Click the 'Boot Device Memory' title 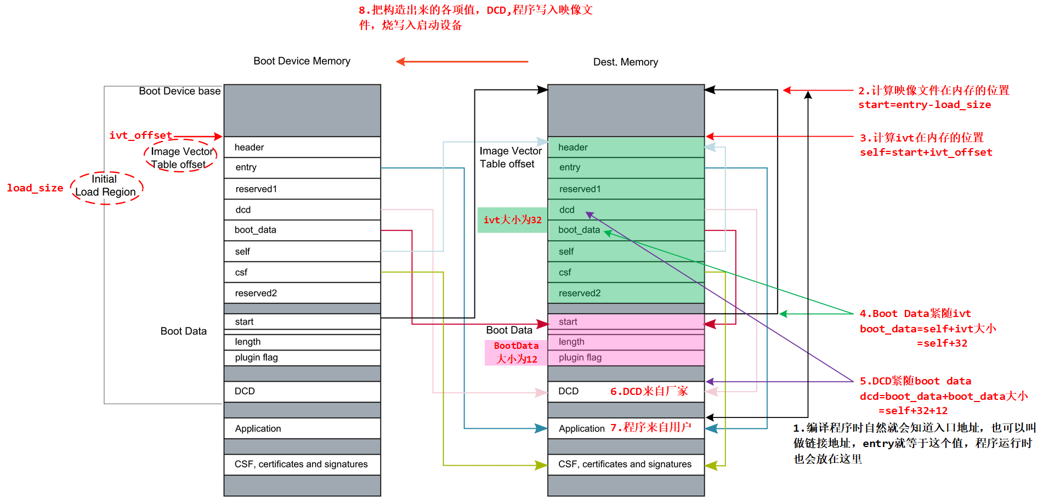click(302, 61)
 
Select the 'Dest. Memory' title click(625, 62)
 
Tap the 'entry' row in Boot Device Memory click(302, 167)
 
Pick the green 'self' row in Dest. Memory click(625, 251)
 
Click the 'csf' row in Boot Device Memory click(302, 272)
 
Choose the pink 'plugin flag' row click(625, 358)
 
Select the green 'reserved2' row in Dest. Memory click(625, 293)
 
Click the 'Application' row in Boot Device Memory click(302, 428)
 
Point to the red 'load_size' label click(35, 188)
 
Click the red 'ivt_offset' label click(140, 135)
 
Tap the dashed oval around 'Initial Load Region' click(106, 186)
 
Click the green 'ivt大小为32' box click(512, 220)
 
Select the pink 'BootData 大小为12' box click(516, 353)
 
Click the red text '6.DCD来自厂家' click(649, 391)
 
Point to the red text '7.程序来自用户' click(650, 427)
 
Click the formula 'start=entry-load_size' click(925, 105)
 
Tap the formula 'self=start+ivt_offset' click(926, 152)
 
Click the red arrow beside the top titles click(462, 61)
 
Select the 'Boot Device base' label click(179, 91)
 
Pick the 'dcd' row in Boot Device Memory click(302, 210)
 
